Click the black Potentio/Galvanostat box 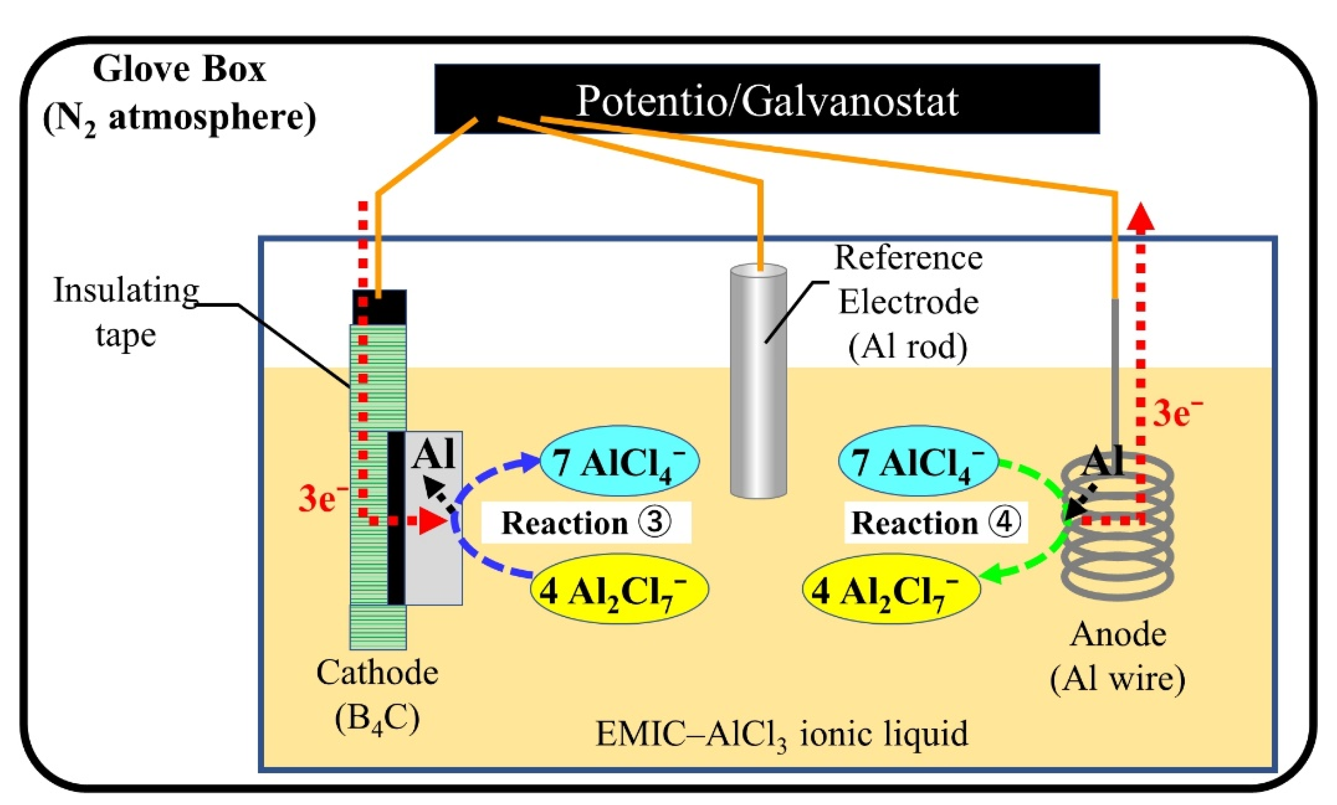coord(766,99)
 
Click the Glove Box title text coord(179,69)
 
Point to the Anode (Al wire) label coord(1118,657)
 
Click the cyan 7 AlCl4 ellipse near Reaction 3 coord(619,461)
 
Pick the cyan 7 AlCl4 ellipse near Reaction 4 coord(918,461)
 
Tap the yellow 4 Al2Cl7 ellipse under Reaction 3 coord(619,589)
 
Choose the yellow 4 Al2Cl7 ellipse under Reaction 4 coord(891,589)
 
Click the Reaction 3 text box coord(586,522)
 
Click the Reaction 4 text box coord(936,522)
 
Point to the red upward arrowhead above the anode coord(1141,217)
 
